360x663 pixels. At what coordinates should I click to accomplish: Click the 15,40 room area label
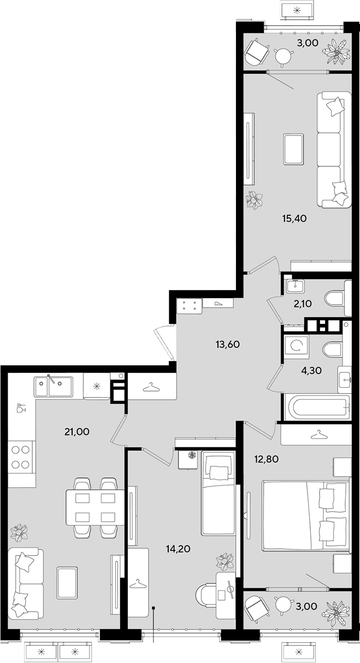pos(294,219)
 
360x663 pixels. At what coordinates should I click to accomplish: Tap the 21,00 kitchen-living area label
pos(77,432)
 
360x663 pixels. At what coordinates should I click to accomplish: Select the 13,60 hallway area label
pos(228,344)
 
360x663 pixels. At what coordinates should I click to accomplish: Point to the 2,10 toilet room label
pos(303,304)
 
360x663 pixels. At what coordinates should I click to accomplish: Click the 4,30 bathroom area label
pos(311,370)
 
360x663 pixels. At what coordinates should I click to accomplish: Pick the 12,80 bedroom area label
pos(267,459)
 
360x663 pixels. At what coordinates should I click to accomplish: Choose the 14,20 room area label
pos(178,549)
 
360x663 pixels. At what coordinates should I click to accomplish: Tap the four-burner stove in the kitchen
pos(20,457)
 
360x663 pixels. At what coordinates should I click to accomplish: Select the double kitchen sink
pos(54,387)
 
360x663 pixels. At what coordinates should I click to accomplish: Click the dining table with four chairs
pos(96,507)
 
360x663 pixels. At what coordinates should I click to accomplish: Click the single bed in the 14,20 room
pos(218,493)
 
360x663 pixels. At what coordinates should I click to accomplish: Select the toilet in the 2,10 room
pos(338,298)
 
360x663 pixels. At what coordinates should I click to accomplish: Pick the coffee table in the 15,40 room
pos(293,149)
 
